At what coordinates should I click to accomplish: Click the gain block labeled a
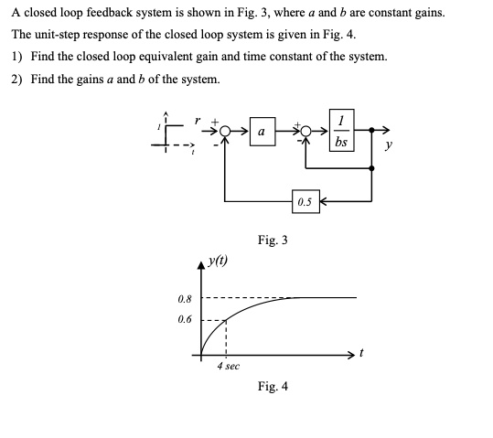point(263,132)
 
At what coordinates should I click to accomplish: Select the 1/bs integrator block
point(342,130)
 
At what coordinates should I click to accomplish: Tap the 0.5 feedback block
point(305,201)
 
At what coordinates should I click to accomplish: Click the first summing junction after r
point(224,131)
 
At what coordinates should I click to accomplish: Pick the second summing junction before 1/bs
point(305,131)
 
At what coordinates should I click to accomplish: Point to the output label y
point(389,145)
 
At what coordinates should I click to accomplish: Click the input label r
point(198,121)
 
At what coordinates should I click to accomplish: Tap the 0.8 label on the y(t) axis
point(185,299)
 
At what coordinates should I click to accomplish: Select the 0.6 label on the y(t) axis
point(185,319)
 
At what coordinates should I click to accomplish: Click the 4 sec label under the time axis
point(229,366)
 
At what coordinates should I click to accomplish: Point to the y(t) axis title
point(218,261)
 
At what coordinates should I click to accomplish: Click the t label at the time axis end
point(361,353)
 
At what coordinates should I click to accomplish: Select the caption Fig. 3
point(273,240)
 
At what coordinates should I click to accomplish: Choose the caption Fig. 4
point(273,386)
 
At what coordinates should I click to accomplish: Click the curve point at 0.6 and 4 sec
point(226,320)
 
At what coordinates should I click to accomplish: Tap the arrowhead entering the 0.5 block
point(323,201)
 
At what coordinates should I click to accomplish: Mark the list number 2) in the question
point(17,80)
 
